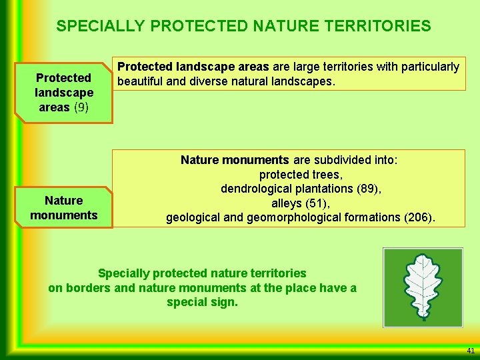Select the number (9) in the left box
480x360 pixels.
(x=81, y=107)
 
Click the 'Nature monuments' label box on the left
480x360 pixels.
(x=64, y=208)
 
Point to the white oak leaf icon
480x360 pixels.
(x=423, y=286)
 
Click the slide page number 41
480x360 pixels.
(x=470, y=351)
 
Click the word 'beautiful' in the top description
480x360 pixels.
(x=141, y=81)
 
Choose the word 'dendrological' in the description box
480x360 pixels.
(x=253, y=189)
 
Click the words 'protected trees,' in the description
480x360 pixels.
(x=300, y=175)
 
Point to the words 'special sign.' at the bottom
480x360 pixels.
(x=202, y=302)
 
